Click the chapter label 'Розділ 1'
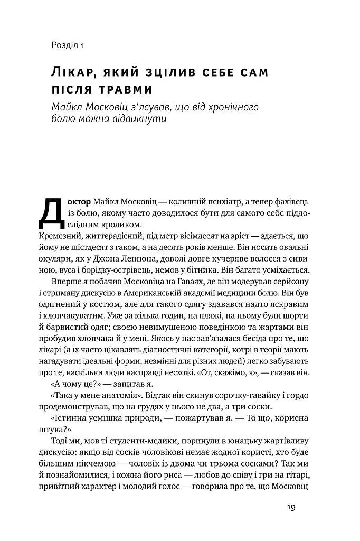[x=69, y=45]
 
